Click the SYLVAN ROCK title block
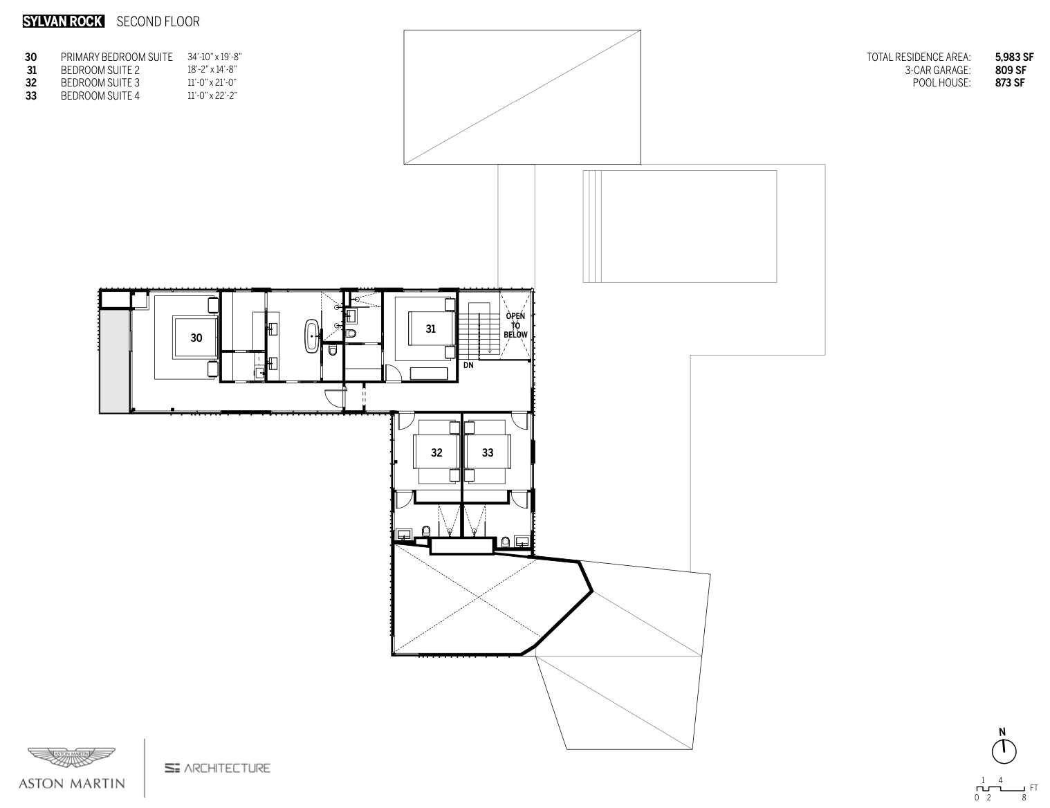(x=63, y=21)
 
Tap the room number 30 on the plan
(x=196, y=338)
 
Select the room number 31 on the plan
(x=430, y=329)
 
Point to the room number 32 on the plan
(x=436, y=453)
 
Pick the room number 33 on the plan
(x=488, y=453)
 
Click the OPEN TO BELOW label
(x=515, y=325)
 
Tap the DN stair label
(x=468, y=365)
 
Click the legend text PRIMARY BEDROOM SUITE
(x=116, y=57)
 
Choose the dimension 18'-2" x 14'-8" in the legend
(x=212, y=70)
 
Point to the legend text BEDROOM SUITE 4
(x=100, y=96)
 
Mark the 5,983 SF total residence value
(x=1014, y=57)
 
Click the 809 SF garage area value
(x=1010, y=70)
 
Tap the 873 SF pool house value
(x=1010, y=83)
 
